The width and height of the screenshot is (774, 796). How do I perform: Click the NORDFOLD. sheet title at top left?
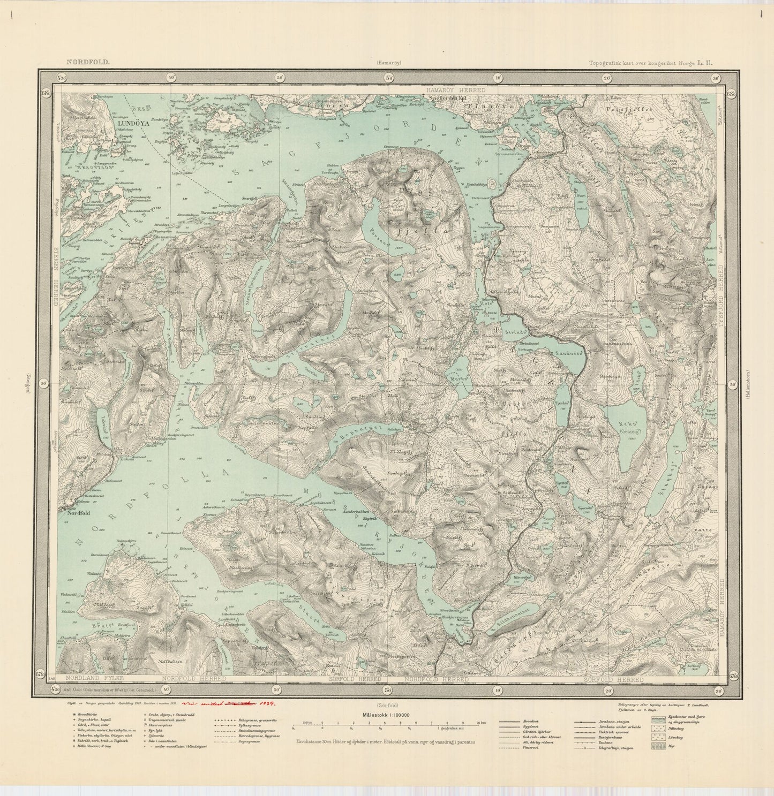(88, 62)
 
